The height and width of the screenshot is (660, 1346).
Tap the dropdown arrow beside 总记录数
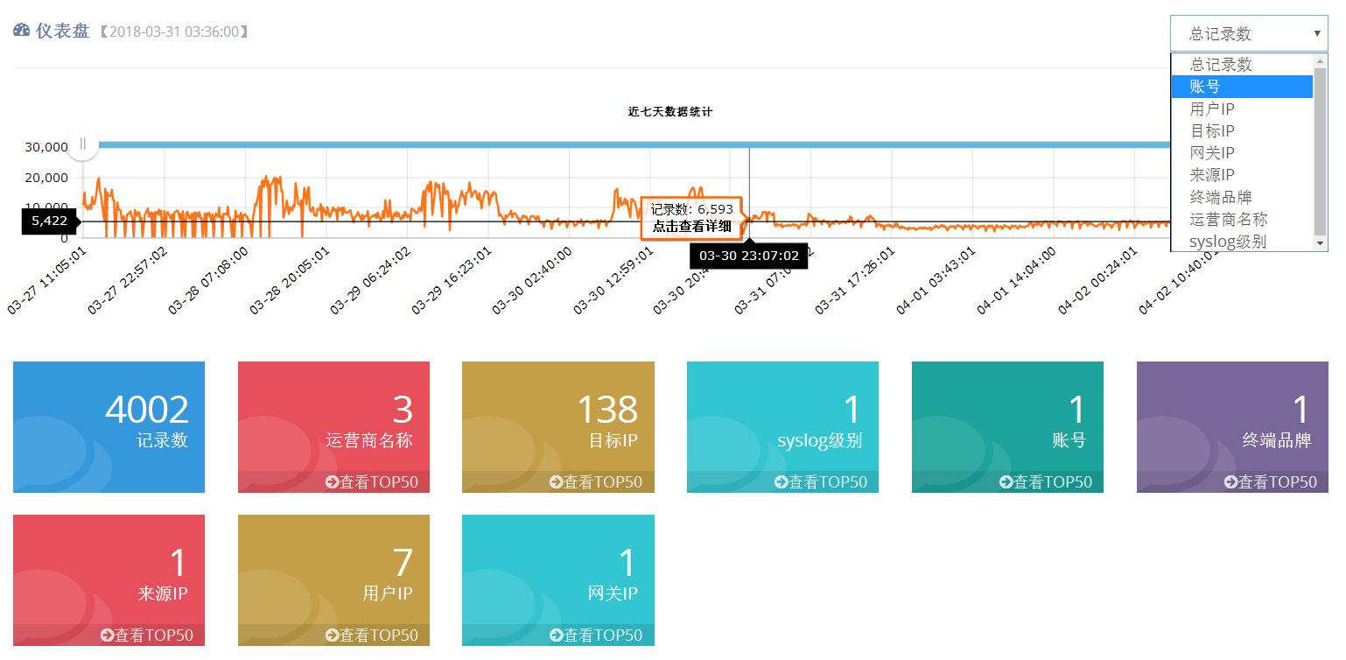(1316, 34)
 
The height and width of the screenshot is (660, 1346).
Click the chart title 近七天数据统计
(670, 112)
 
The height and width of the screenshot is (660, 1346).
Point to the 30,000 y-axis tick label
(47, 147)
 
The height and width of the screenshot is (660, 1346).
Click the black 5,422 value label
(49, 221)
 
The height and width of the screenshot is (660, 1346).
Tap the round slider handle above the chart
(83, 144)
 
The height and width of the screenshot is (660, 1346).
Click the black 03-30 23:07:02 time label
(748, 256)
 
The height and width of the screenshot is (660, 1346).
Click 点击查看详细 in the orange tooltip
(691, 226)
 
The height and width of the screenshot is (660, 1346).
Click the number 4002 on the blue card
(147, 410)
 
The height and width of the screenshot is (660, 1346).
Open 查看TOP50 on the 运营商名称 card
(372, 482)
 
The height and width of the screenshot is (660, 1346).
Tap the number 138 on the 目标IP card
(607, 410)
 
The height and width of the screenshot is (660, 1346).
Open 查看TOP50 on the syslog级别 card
(821, 482)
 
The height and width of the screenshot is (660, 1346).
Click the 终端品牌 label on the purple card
(1277, 440)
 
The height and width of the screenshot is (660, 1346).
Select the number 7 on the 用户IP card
(403, 564)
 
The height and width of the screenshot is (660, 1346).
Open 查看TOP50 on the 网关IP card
(596, 635)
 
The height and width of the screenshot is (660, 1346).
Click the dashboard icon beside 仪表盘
(22, 32)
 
